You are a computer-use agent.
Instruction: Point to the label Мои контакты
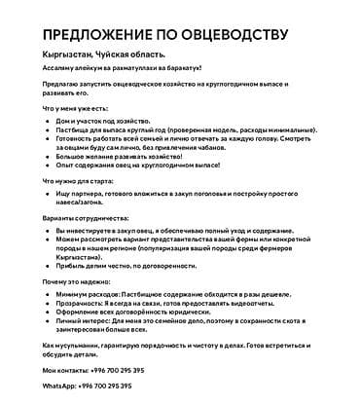click(66, 372)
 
